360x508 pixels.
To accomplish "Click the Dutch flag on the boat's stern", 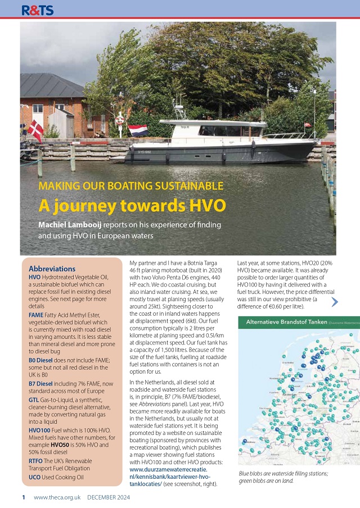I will tap(137, 130).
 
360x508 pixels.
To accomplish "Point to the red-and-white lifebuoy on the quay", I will tap(119, 120).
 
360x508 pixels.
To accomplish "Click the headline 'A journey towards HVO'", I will tap(124, 205).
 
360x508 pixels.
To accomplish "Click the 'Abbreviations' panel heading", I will tap(52, 269).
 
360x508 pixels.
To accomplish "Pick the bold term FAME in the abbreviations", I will tap(36, 316).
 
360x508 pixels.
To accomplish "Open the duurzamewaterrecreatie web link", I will tap(168, 468).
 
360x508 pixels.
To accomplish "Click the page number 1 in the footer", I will tap(24, 497).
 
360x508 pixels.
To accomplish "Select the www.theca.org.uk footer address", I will tap(57, 497).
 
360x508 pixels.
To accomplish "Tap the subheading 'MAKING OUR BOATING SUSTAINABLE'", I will tap(130, 186).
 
